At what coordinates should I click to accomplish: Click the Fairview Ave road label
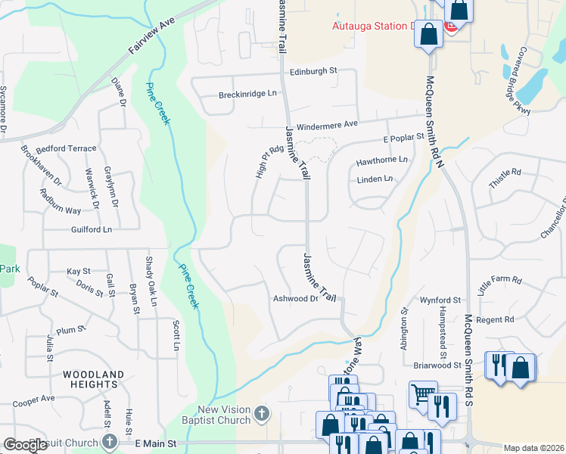[151, 36]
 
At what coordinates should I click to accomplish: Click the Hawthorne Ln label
[381, 160]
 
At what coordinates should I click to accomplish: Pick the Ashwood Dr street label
[295, 299]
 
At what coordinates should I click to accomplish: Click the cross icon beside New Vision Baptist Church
[262, 413]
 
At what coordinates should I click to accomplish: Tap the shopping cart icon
[421, 392]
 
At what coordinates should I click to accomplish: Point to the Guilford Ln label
[92, 229]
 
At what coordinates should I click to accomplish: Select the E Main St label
[155, 442]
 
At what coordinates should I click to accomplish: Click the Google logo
[26, 445]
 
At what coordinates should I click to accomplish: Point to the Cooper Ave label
[33, 398]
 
